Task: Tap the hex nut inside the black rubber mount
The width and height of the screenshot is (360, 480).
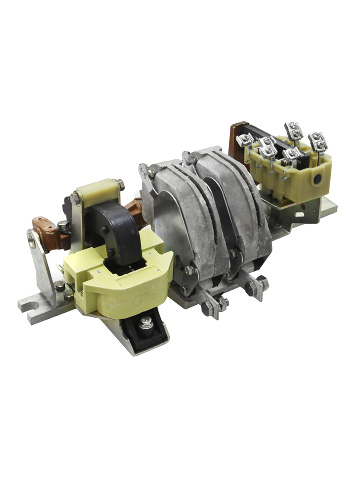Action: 146,323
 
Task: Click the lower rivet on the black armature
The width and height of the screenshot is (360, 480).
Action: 110,252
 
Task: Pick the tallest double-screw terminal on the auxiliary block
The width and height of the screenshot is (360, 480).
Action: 293,130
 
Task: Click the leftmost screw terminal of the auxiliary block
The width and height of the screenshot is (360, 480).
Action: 245,140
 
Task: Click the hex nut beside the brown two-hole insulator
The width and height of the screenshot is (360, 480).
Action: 64,226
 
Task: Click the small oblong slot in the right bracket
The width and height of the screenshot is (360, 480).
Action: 298,214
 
